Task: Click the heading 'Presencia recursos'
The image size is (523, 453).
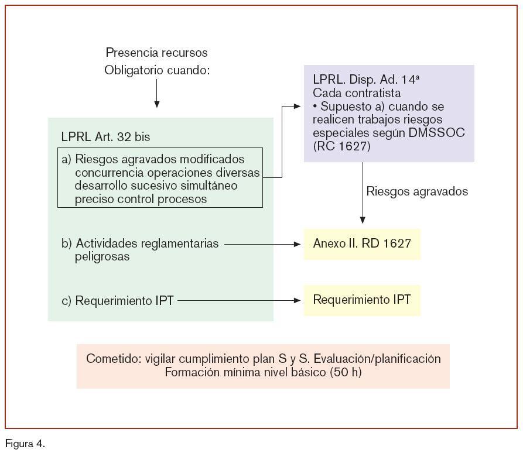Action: pos(156,53)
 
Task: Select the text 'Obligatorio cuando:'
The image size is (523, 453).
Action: pos(156,70)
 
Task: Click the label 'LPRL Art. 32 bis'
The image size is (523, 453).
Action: pos(105,137)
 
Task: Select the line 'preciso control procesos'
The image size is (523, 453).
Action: pos(141,199)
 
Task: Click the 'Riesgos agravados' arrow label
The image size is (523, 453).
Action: pos(417,191)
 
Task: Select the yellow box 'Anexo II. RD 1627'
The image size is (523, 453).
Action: pos(361,243)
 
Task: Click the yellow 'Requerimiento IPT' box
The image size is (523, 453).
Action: pos(361,300)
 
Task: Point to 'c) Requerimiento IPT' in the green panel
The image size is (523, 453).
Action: pos(117,301)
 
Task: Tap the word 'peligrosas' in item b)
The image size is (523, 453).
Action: pos(102,256)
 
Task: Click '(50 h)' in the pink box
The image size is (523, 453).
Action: pos(346,372)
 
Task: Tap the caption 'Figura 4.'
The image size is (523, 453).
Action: pos(25,444)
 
